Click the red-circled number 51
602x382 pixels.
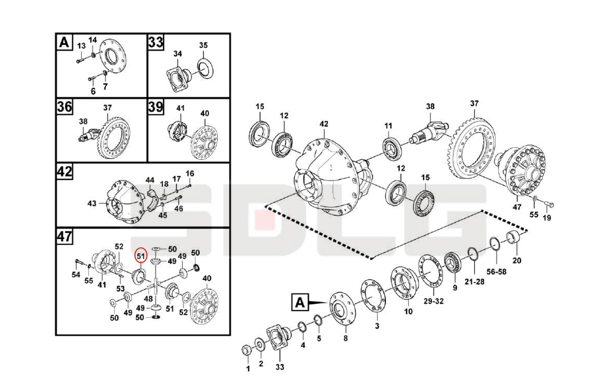[141, 256]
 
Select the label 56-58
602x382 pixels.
[496, 271]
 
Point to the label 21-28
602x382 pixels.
[474, 281]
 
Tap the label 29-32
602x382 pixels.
[433, 301]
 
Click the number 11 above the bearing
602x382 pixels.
[388, 126]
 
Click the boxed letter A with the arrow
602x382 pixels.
[300, 302]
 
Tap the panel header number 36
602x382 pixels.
[65, 107]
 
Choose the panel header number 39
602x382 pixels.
[156, 107]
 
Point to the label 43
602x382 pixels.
[92, 203]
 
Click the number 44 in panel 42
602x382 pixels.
[150, 180]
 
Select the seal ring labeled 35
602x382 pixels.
[205, 69]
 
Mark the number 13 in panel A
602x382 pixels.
[81, 46]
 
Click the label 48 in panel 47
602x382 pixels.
[148, 299]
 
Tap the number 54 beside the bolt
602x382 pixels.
[76, 275]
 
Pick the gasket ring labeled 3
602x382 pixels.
[373, 296]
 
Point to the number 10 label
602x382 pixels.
[408, 311]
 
